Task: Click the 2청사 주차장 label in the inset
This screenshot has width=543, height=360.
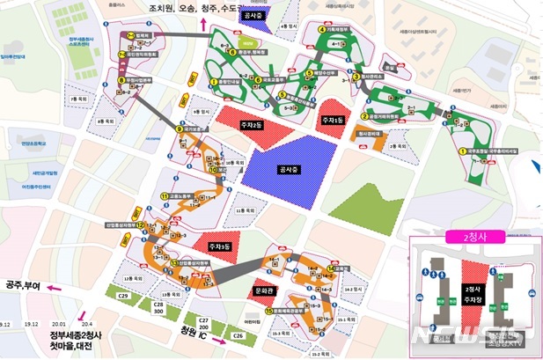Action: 472,293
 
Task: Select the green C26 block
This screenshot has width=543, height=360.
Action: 237,336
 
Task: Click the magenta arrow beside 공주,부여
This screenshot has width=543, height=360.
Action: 55,288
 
